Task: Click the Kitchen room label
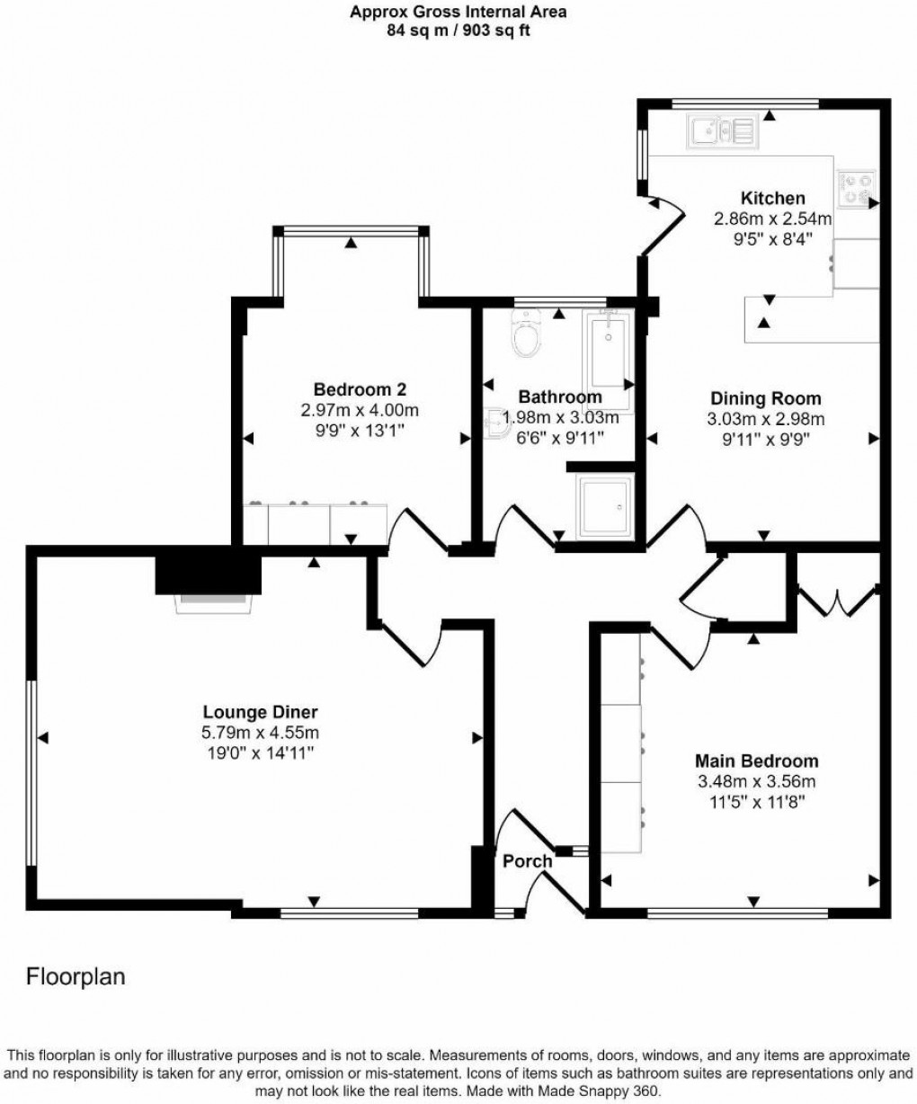772,199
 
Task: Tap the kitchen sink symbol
722,131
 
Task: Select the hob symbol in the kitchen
857,189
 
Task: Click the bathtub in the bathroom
610,360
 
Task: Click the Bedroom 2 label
360,389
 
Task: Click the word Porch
527,861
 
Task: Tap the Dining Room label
765,398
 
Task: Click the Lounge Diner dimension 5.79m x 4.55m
260,732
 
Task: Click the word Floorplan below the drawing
76,975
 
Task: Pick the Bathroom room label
560,397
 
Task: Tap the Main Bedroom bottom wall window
737,913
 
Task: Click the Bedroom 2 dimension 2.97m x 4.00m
360,410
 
